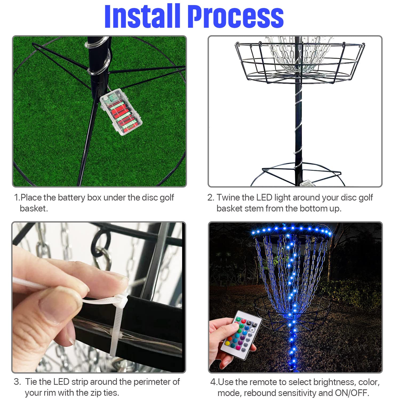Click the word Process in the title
pyautogui.click(x=236, y=16)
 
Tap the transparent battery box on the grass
pyautogui.click(x=121, y=112)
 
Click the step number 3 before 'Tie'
pyautogui.click(x=17, y=382)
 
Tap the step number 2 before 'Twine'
pyautogui.click(x=211, y=198)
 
